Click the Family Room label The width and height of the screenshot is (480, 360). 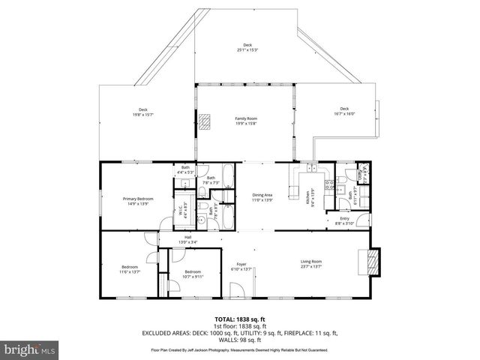coord(246,121)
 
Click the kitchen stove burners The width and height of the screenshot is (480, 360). coord(327,184)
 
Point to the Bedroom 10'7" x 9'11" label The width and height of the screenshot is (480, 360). coord(193,274)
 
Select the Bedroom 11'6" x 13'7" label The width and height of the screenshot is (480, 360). coord(130,269)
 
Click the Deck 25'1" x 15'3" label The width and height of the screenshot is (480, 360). coord(247,47)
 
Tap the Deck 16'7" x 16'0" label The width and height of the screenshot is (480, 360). coord(343,112)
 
